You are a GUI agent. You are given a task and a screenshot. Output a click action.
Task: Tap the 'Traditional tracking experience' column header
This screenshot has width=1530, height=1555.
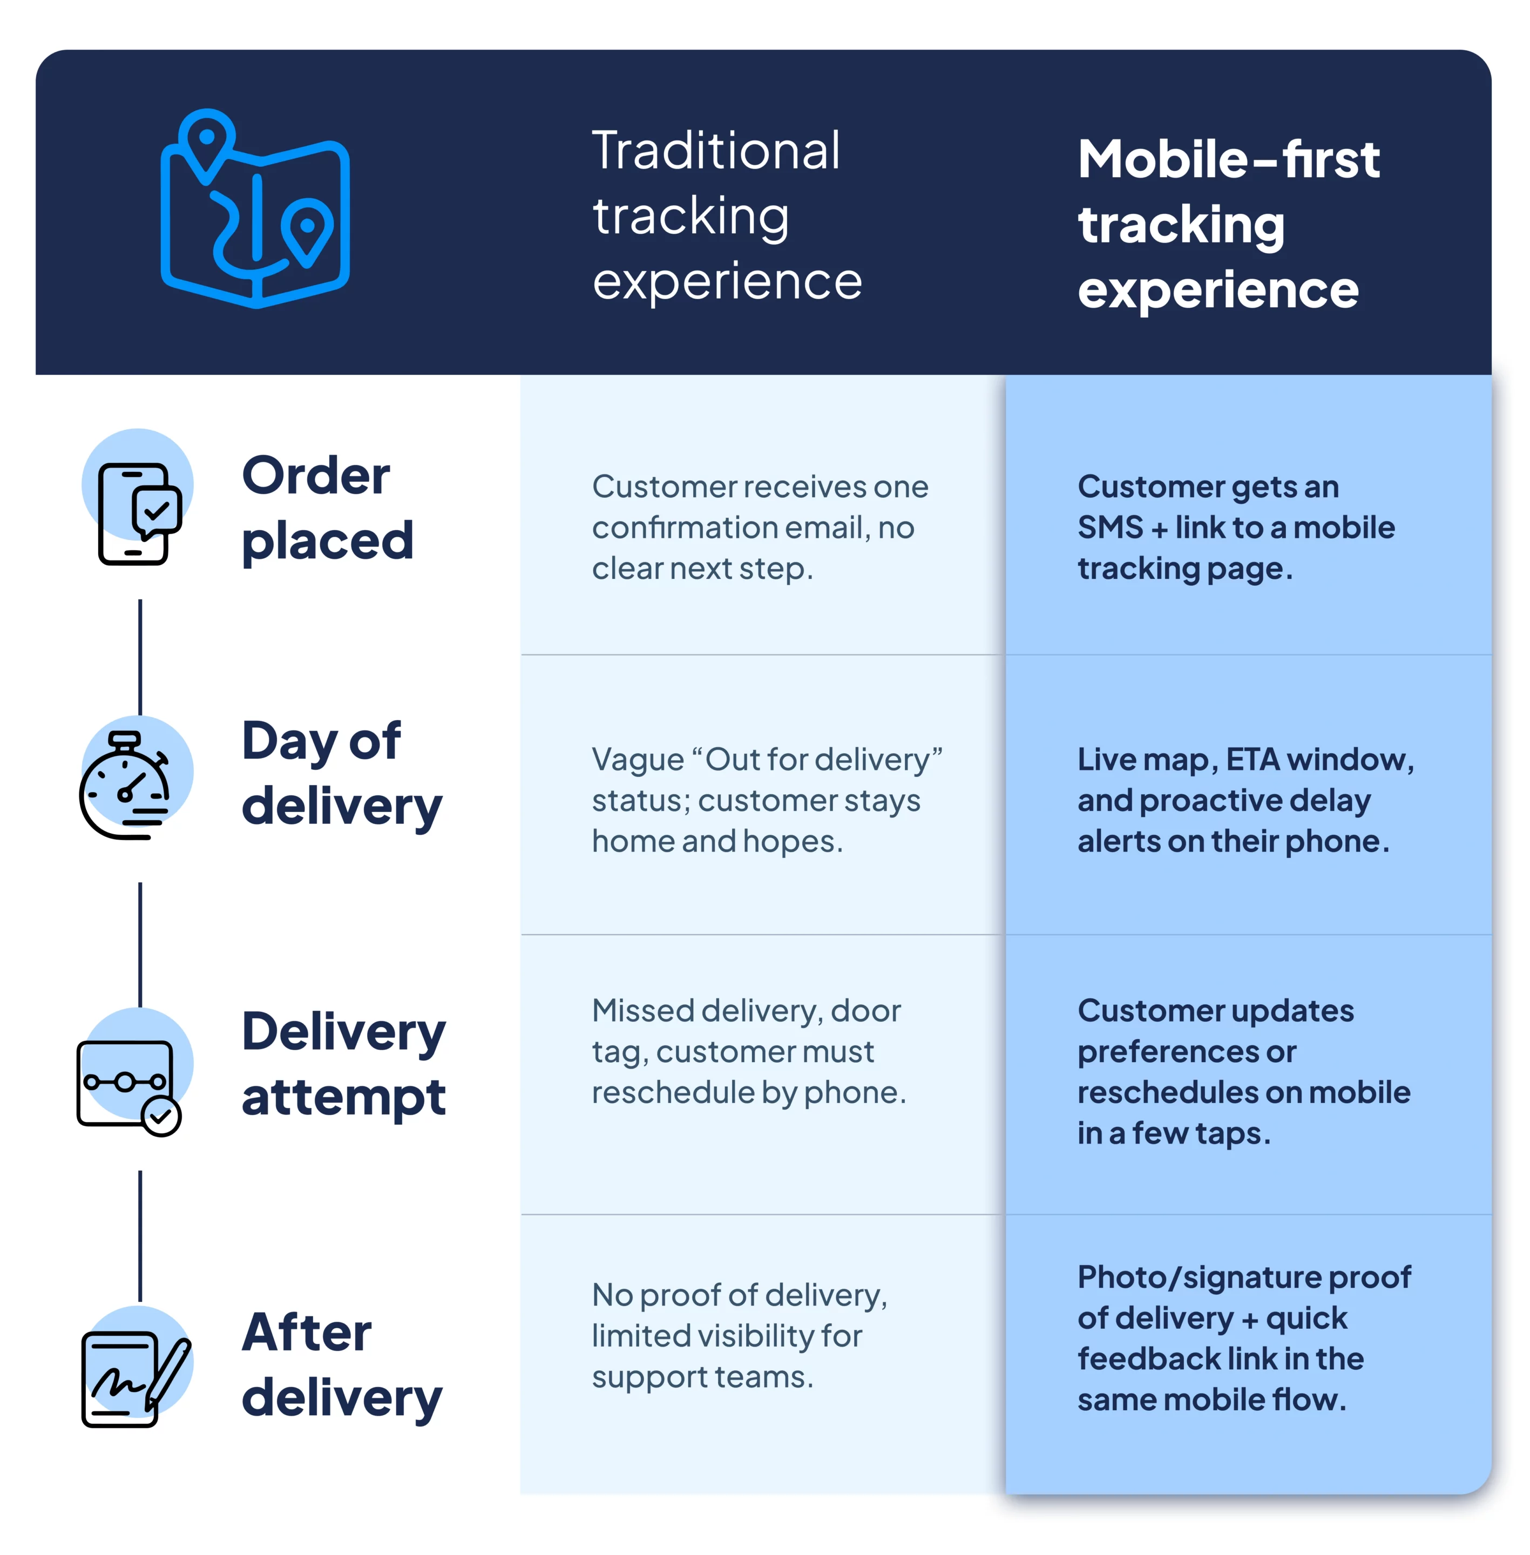[727, 215]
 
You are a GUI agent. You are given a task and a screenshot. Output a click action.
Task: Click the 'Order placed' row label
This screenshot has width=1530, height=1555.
[327, 508]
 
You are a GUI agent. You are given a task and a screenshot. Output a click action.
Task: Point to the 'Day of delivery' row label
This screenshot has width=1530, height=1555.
[342, 773]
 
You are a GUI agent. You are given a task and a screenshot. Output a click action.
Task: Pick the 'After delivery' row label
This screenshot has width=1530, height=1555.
[342, 1364]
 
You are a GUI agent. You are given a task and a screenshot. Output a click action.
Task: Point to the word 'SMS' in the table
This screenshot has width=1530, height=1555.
[1110, 528]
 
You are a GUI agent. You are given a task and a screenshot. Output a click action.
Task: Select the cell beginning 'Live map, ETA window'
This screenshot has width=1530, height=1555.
[1245, 800]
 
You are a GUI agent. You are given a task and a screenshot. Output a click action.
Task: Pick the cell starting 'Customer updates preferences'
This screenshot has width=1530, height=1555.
[1243, 1071]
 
